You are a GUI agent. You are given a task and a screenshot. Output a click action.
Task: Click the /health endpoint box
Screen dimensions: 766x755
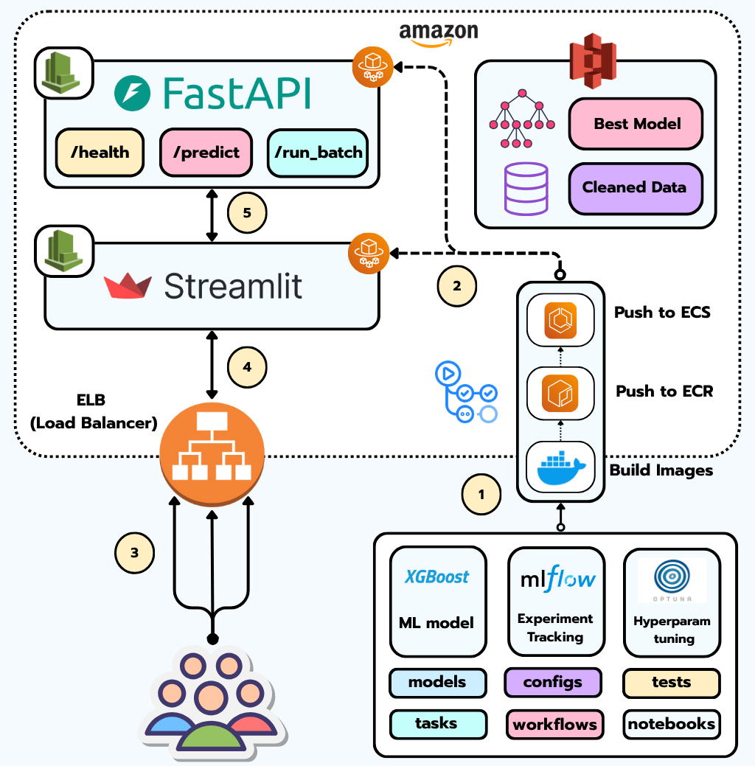point(99,153)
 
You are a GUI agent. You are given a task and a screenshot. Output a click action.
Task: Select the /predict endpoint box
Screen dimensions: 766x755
point(206,153)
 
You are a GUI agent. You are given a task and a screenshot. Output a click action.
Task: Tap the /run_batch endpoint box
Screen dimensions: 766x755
point(318,153)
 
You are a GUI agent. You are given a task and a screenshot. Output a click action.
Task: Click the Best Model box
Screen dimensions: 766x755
point(636,123)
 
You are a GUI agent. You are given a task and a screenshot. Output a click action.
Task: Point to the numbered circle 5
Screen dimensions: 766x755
point(246,213)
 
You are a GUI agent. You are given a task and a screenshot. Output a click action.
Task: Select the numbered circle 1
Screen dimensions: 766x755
point(481,495)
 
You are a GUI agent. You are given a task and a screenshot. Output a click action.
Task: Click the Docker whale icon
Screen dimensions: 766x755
point(560,467)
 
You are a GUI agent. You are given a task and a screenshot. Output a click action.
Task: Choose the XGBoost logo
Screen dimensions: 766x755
point(436,577)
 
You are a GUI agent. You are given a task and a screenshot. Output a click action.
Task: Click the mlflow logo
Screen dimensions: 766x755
point(556,579)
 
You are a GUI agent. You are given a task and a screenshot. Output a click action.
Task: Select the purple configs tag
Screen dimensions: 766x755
point(553,682)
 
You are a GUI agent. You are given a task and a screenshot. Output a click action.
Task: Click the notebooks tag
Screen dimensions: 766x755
point(671,724)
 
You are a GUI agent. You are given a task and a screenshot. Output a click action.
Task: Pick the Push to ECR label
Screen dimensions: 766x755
point(664,391)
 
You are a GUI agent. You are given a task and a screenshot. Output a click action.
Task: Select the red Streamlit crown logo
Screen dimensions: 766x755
point(128,286)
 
